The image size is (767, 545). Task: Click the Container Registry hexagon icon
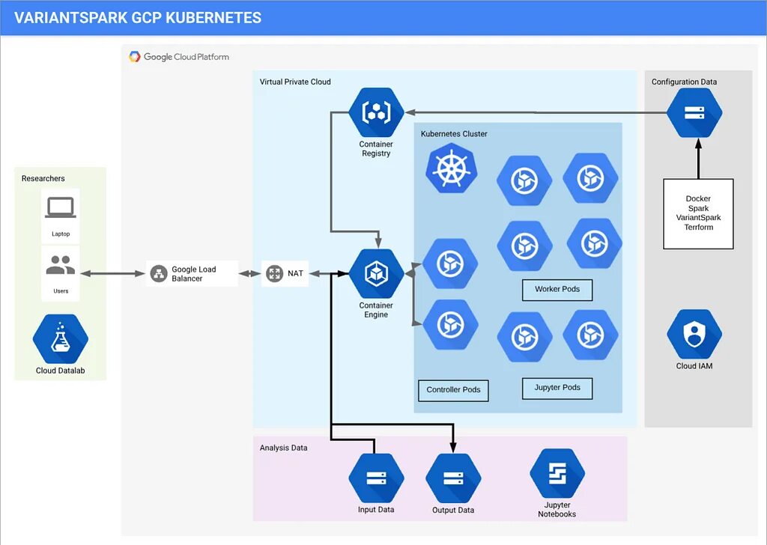tap(376, 112)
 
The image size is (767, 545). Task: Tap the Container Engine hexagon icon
tap(376, 274)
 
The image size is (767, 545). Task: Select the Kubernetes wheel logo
tap(451, 169)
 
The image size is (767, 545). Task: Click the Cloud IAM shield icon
tap(694, 334)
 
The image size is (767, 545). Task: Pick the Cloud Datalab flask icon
tap(61, 339)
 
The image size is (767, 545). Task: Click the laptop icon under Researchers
tap(61, 207)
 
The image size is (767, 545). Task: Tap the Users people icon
tap(61, 265)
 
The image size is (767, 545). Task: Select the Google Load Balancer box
tap(192, 274)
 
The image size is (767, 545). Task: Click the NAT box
tap(285, 274)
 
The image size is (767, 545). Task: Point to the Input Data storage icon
tap(376, 478)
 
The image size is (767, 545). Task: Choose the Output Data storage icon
tap(453, 478)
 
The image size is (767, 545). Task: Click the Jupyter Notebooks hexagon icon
tap(557, 474)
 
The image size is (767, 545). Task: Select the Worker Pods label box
tap(557, 290)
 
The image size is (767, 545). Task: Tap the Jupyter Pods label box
tap(557, 388)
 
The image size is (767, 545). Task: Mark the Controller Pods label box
tap(453, 390)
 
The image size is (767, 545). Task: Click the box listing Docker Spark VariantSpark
tap(698, 213)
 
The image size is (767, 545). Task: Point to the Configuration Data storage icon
tap(694, 112)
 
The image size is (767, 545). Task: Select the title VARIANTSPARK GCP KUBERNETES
tap(138, 18)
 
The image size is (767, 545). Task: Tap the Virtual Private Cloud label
tap(295, 82)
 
